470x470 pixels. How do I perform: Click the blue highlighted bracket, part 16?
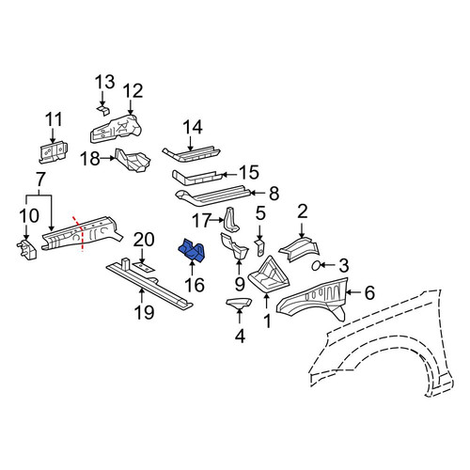[x=192, y=249]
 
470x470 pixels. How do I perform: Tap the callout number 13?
[x=105, y=82]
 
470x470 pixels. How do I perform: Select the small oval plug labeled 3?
[x=316, y=266]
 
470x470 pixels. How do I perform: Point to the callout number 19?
[x=144, y=312]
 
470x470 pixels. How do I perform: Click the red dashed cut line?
[x=79, y=233]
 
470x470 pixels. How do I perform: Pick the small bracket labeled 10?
[x=26, y=250]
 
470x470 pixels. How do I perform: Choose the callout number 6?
[x=369, y=292]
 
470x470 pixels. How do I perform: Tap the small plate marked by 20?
[x=143, y=267]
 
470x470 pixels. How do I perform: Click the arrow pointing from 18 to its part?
[x=108, y=159]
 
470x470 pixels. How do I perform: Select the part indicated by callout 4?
[x=239, y=303]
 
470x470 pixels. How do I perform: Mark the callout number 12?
[x=133, y=91]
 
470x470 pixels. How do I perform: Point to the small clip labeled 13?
[x=102, y=110]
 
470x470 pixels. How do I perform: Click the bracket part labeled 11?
[x=53, y=152]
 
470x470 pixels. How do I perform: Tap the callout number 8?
[x=274, y=194]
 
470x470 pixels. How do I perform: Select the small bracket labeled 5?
[x=259, y=248]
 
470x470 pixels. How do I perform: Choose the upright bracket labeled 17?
[x=230, y=220]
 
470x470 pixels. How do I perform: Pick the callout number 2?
[x=302, y=212]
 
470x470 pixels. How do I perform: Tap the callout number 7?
[x=40, y=180]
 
